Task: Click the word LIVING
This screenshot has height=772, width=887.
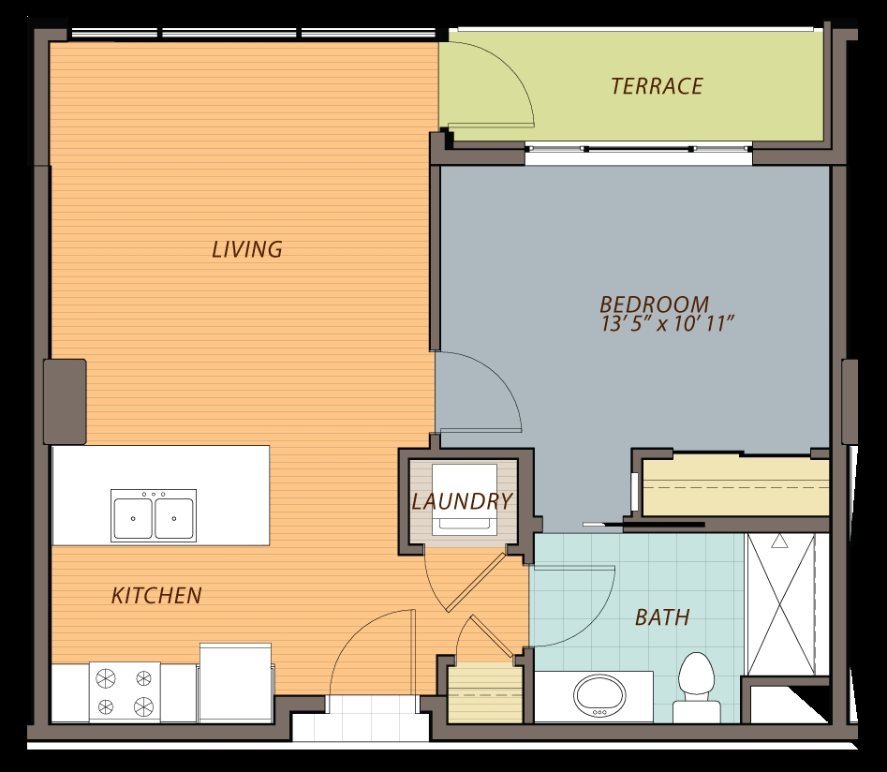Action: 246,249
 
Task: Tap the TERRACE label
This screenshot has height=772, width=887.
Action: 656,86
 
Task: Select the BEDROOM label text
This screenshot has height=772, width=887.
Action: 654,304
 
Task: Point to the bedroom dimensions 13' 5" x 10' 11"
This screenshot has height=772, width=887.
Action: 667,325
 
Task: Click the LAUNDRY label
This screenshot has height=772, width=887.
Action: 463,501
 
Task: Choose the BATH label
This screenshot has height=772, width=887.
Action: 662,617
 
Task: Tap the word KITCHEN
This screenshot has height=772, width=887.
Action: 156,595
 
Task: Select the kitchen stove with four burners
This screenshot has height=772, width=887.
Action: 125,691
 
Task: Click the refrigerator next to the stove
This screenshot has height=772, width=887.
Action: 236,682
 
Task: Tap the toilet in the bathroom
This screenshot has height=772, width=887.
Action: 696,686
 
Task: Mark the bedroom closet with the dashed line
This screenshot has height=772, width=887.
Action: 736,484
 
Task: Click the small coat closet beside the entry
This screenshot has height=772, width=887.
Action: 484,694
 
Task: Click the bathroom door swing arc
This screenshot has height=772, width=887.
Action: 576,609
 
